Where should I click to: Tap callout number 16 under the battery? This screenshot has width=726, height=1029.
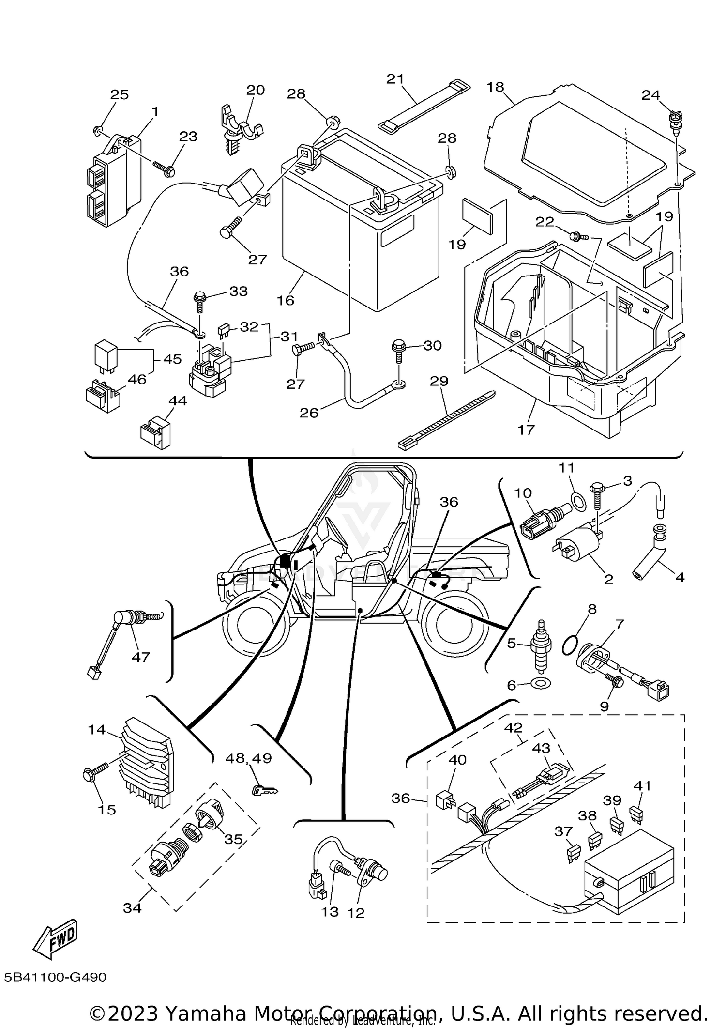(286, 300)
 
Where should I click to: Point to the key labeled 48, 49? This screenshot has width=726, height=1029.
(265, 791)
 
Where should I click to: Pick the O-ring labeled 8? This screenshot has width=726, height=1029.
(571, 645)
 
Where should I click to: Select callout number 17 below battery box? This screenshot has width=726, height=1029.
(526, 429)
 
